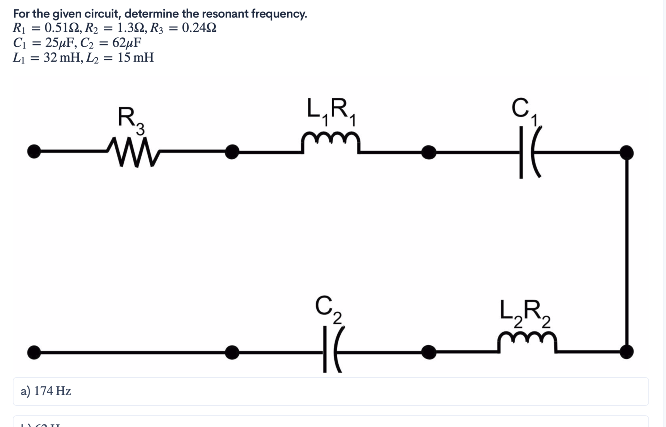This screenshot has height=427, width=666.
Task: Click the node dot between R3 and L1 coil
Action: click(232, 152)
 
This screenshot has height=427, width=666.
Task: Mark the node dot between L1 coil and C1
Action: click(428, 152)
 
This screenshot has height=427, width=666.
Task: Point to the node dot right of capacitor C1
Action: click(626, 152)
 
